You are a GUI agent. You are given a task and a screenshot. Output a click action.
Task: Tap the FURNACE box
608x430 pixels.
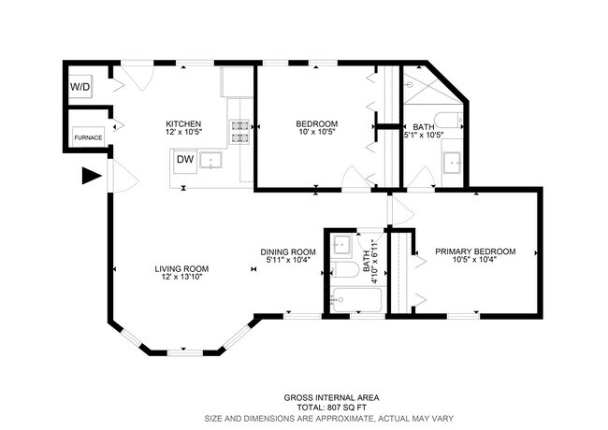tap(89, 137)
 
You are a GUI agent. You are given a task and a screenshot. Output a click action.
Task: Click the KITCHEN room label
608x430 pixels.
tap(182, 124)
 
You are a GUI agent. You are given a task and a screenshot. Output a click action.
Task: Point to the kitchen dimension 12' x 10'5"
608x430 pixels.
tap(182, 134)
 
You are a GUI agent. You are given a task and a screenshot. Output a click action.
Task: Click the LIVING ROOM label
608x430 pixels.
tap(180, 268)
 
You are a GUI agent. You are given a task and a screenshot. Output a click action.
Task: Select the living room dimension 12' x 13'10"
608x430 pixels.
tap(180, 278)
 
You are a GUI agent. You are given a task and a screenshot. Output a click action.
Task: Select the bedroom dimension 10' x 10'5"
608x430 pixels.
tap(317, 134)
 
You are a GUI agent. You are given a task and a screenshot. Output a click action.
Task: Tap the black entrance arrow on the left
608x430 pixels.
tap(91, 175)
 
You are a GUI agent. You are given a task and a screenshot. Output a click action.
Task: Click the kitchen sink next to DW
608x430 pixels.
tap(213, 161)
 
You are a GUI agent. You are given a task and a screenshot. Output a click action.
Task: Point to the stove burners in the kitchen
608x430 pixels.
tap(239, 132)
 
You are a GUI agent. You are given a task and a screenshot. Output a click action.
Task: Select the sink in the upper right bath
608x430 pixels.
tap(454, 163)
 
